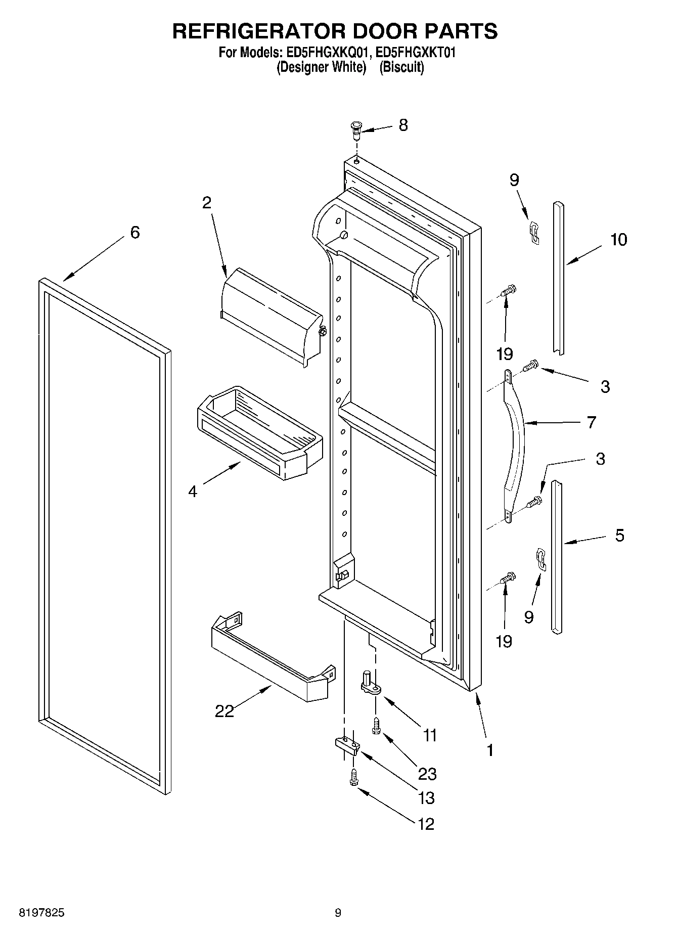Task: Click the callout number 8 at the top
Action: (x=402, y=125)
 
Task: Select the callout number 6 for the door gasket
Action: (x=134, y=233)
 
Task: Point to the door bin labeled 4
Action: (x=258, y=432)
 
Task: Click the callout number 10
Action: (x=618, y=239)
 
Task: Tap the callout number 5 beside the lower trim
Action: (x=619, y=535)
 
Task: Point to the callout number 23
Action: (x=427, y=773)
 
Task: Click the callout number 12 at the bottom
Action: (x=426, y=824)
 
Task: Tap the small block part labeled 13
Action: (x=346, y=745)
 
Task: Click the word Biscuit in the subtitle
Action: (x=401, y=67)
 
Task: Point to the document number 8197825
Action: (x=41, y=913)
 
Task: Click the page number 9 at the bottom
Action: (x=338, y=913)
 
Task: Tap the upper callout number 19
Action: (x=504, y=353)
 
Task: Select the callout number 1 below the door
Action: (x=489, y=750)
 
